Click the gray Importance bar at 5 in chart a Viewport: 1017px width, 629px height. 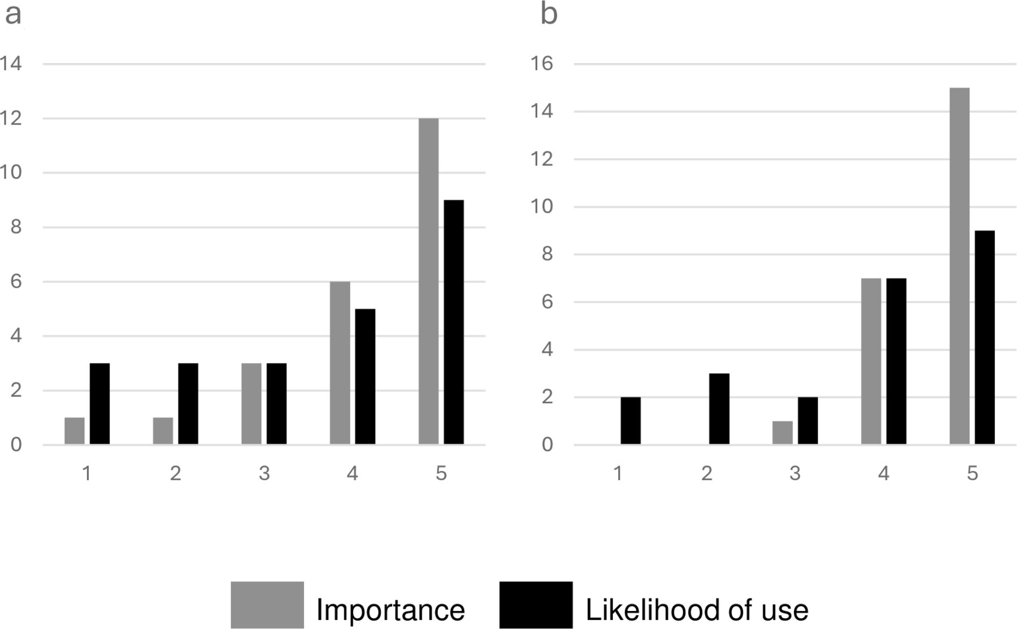point(428,281)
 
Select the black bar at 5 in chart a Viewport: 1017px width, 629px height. point(454,322)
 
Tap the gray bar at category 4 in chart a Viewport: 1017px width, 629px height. point(340,363)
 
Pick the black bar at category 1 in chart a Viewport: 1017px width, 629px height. point(99,404)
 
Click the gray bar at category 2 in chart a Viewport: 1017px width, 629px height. point(163,431)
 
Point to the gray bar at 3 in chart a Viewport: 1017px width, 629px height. point(251,404)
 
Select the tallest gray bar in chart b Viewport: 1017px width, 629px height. point(959,266)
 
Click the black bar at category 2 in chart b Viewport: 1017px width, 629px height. point(719,409)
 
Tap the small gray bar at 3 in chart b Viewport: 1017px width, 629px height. point(783,433)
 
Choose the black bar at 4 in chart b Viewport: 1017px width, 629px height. point(896,361)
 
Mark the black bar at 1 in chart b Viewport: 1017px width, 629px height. point(631,421)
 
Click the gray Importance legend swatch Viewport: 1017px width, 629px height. point(267,605)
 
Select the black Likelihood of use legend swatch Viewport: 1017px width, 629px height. point(536,605)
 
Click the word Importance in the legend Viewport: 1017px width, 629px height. point(390,610)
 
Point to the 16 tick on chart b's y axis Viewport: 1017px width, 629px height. point(541,63)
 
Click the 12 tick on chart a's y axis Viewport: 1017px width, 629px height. point(10,118)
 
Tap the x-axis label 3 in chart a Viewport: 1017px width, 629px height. point(264,473)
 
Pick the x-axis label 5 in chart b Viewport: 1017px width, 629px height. point(972,473)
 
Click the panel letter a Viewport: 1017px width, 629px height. point(13,15)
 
